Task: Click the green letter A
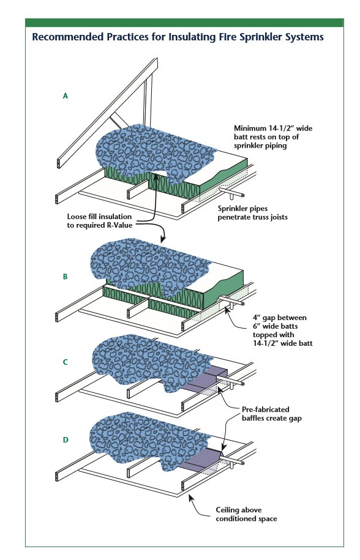click(65, 95)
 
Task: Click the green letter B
click(65, 277)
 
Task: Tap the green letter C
click(65, 362)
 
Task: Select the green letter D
click(66, 440)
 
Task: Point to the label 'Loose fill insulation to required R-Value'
click(100, 221)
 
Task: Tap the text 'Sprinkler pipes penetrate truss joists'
click(252, 213)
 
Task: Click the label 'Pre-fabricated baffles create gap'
click(271, 414)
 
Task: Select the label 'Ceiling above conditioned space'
click(246, 514)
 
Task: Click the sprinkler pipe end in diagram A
click(242, 195)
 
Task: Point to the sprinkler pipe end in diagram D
click(242, 463)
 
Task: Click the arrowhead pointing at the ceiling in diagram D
click(190, 498)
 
